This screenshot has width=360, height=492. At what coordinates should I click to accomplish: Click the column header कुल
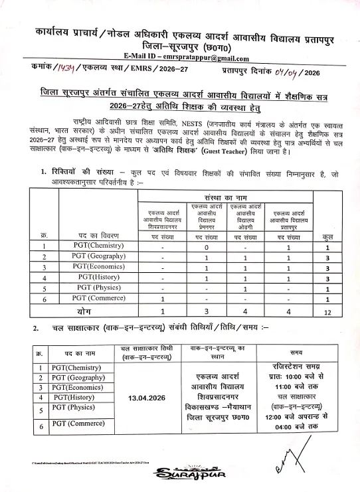[327, 236]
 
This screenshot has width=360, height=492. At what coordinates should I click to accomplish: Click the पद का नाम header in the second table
[78, 354]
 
